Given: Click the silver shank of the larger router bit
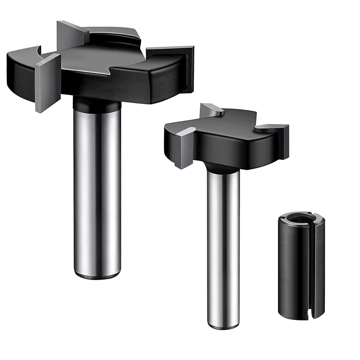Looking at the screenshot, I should pyautogui.click(x=97, y=189).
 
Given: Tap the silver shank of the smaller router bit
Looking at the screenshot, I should pyautogui.click(x=223, y=243).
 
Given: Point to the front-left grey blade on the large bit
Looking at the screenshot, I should pyautogui.click(x=47, y=81).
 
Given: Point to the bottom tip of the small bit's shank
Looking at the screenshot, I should pyautogui.click(x=223, y=325).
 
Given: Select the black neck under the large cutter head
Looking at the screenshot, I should pyautogui.click(x=97, y=104).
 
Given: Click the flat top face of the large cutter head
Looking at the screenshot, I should pyautogui.click(x=103, y=56).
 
